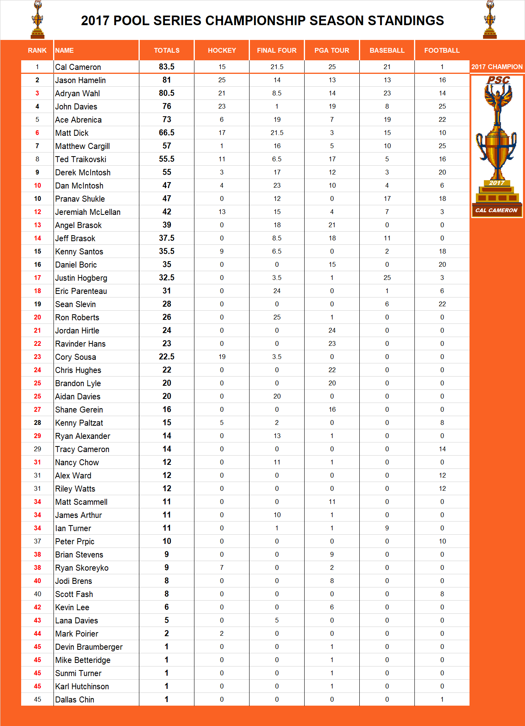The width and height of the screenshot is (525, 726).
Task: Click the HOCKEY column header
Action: coord(222,50)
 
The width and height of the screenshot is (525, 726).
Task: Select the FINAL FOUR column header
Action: coord(277,50)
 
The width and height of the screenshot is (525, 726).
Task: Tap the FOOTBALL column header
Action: coord(442,50)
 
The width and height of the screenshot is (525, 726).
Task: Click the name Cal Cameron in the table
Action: coord(78,67)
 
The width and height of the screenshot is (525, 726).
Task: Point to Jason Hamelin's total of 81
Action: coord(166,80)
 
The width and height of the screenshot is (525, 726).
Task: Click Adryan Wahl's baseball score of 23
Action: coord(387,93)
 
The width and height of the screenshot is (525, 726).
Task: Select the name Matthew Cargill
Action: coord(83,146)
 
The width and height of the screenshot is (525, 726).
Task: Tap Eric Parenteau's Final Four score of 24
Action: coord(277,291)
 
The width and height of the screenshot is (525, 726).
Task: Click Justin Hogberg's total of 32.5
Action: coord(166,278)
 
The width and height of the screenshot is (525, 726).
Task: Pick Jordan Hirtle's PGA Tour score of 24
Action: coord(332,330)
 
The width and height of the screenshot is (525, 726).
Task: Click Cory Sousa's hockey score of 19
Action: coord(222,357)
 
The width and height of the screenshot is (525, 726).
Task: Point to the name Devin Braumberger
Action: coord(89,647)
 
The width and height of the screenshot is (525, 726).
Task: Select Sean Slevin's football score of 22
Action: coord(442,304)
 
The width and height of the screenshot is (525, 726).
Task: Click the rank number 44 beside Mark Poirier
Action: coord(38,633)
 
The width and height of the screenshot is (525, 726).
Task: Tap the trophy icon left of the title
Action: coord(38,20)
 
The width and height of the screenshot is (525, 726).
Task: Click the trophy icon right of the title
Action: coord(490,20)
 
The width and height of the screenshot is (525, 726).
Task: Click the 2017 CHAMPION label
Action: coord(497,67)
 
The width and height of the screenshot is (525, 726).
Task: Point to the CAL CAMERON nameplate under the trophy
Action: coord(497,210)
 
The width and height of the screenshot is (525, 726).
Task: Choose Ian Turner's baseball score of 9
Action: coord(387,528)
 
